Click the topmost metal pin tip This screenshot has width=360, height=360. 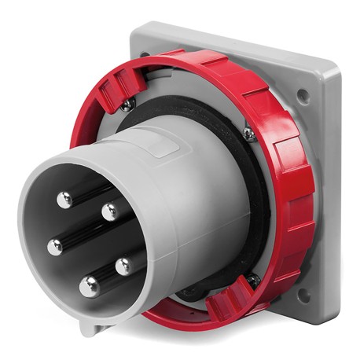(64, 200)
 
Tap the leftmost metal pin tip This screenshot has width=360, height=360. (54, 247)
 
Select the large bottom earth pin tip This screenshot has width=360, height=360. (90, 287)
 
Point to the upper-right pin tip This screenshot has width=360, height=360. (110, 211)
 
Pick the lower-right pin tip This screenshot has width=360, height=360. (123, 266)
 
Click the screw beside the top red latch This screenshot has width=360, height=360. (127, 102)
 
